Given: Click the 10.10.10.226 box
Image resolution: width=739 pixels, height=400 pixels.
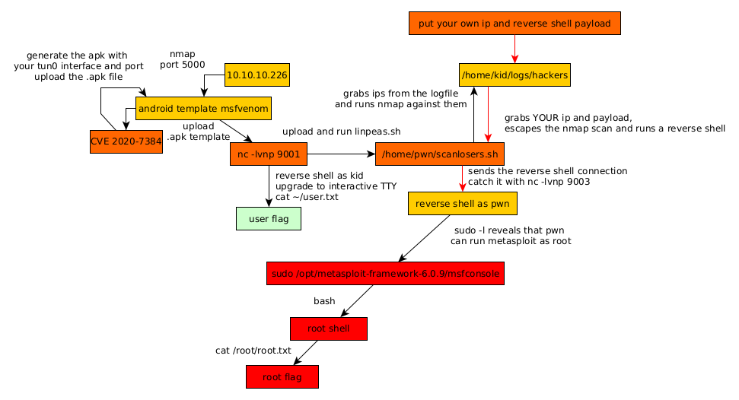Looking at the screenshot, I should click(x=257, y=75).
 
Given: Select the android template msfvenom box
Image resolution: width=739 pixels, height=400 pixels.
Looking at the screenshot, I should click(x=203, y=108).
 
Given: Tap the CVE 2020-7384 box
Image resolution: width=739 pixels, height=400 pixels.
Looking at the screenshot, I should click(x=126, y=141).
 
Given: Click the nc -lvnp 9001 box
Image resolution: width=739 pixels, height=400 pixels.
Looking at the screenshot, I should click(x=268, y=154).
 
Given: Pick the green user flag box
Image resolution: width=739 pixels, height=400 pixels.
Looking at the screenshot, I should click(x=268, y=218).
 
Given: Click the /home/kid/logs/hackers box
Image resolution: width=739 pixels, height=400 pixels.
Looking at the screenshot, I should click(x=514, y=75).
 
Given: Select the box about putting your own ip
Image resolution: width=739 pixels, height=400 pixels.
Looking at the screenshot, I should click(x=514, y=24).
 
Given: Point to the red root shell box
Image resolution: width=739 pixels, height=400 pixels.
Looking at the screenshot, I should click(x=329, y=329).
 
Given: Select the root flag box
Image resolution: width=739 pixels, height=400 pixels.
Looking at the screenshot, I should click(x=282, y=376).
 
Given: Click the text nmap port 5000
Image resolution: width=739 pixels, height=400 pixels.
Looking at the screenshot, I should click(x=183, y=59).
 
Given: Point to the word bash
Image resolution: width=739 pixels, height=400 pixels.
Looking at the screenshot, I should click(x=324, y=301).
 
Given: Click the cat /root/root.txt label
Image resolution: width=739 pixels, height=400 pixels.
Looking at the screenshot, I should click(x=253, y=351).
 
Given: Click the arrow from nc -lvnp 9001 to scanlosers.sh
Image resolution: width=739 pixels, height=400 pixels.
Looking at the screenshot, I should click(x=341, y=154).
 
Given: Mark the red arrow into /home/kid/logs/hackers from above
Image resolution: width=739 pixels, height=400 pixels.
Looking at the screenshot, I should click(x=514, y=49).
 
